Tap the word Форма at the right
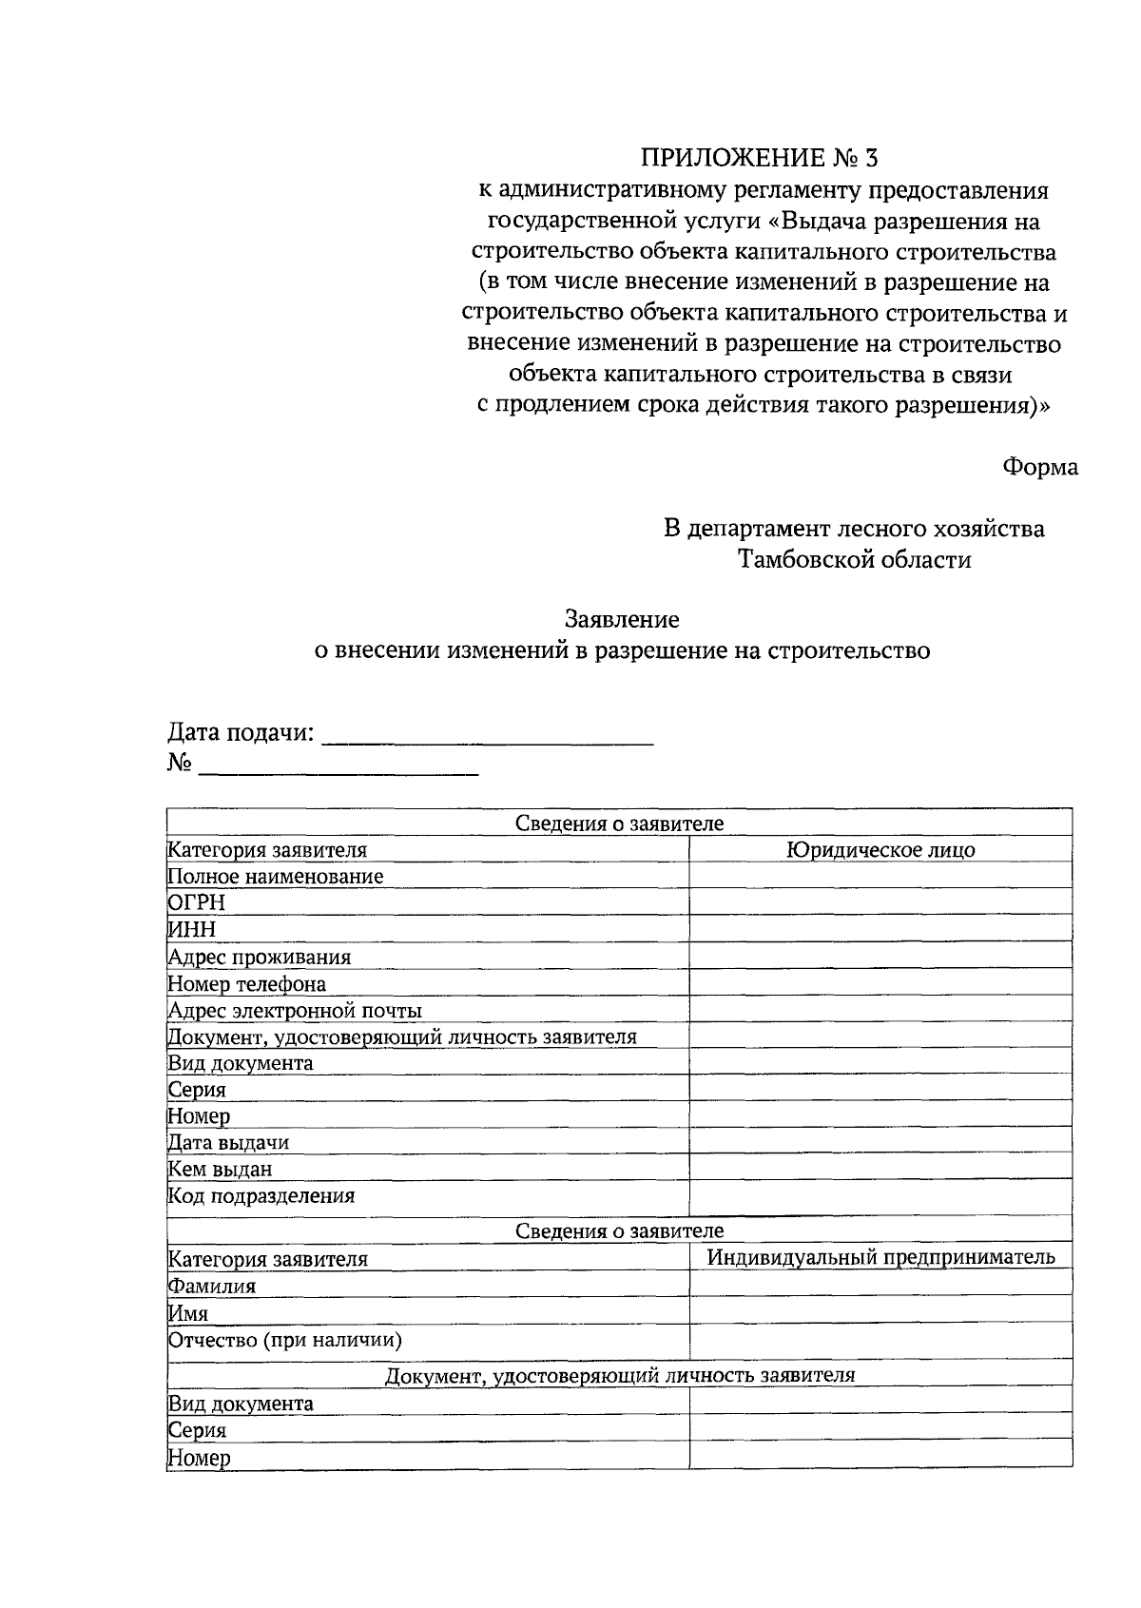pyautogui.click(x=1039, y=467)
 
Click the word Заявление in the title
pyautogui.click(x=622, y=620)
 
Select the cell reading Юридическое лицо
pyautogui.click(x=880, y=850)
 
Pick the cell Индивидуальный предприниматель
pyautogui.click(x=880, y=1257)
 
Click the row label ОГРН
pyautogui.click(x=197, y=902)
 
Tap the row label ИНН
pyautogui.click(x=192, y=929)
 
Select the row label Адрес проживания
pyautogui.click(x=260, y=957)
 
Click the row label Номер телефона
pyautogui.click(x=247, y=983)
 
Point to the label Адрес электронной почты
pyautogui.click(x=295, y=1010)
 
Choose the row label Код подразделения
pyautogui.click(x=261, y=1196)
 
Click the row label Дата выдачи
pyautogui.click(x=228, y=1142)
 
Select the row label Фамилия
pyautogui.click(x=212, y=1286)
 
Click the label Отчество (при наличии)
pyautogui.click(x=285, y=1340)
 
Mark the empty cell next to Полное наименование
pyautogui.click(x=880, y=876)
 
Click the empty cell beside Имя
pyautogui.click(x=880, y=1312)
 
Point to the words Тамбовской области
pyautogui.click(x=856, y=559)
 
